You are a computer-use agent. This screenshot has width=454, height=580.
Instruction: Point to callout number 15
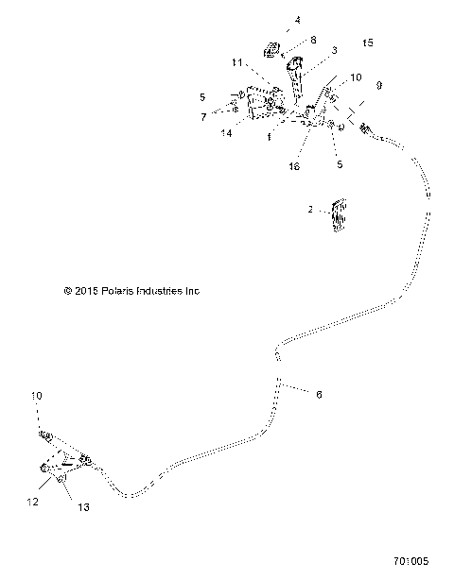[368, 43]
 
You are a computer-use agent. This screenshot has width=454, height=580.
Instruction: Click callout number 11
[237, 62]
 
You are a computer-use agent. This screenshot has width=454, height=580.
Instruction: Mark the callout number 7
[202, 116]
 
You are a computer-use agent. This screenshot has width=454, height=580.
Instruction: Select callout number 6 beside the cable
[318, 394]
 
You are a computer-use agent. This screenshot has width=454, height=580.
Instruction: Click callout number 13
[83, 507]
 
